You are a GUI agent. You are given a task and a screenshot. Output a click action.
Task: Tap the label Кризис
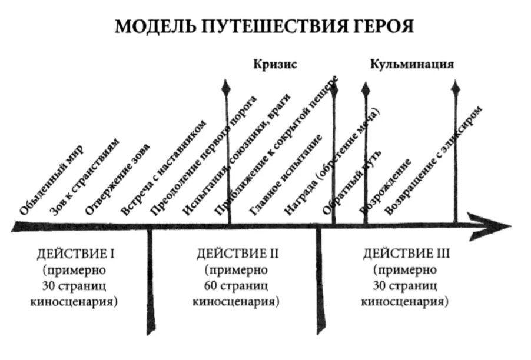coord(275,64)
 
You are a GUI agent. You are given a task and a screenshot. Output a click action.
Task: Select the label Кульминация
coord(412,64)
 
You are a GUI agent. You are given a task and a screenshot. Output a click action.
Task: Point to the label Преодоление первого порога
coord(203,156)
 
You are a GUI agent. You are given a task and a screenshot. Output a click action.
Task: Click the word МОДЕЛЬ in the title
coord(154,27)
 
